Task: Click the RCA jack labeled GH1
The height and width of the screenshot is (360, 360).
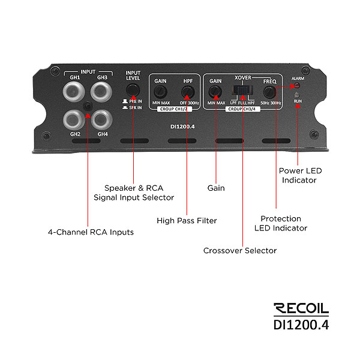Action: (x=76, y=92)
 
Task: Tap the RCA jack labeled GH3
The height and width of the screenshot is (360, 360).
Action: (x=103, y=92)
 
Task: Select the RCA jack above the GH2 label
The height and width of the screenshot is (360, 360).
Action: (x=76, y=118)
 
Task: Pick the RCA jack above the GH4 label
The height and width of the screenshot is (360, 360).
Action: (x=103, y=118)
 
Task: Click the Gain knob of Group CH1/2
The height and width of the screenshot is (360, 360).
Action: (x=160, y=92)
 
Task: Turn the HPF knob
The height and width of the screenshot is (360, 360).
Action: (x=188, y=92)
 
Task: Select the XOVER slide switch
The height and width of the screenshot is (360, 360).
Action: (x=242, y=92)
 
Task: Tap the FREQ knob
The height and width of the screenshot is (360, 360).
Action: (x=269, y=92)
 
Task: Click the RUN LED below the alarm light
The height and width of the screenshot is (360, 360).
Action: (x=298, y=95)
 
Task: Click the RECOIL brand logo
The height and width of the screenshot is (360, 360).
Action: (x=301, y=309)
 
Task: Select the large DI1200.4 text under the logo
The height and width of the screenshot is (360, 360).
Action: (x=301, y=325)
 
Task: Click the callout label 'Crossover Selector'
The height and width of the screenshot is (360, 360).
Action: (x=240, y=250)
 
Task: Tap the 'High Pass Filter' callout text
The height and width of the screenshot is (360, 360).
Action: (x=187, y=220)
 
